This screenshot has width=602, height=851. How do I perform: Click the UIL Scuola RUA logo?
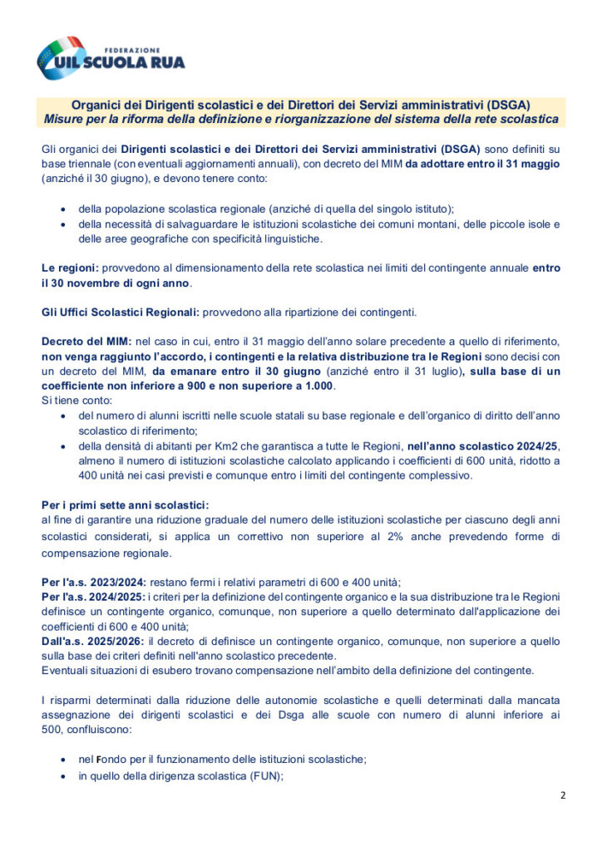[110, 57]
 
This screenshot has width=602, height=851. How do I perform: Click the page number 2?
[563, 795]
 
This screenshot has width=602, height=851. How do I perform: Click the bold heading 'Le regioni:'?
[70, 268]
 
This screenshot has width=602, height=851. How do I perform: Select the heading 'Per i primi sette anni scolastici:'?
[125, 505]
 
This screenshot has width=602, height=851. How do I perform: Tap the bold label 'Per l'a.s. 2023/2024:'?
[94, 582]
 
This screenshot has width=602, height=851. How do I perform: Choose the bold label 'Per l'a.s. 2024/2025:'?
[94, 597]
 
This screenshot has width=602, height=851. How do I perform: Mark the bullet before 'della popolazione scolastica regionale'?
[64, 209]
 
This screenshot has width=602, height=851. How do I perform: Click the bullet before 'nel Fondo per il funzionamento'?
[64, 760]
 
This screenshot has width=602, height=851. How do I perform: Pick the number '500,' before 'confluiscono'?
[54, 730]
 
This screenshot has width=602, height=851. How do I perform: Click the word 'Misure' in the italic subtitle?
[63, 120]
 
